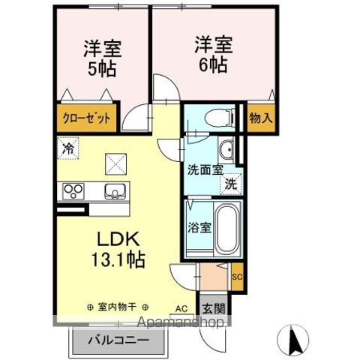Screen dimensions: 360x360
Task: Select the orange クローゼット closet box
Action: pos(86,118)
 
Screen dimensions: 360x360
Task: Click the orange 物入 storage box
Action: pos(260,118)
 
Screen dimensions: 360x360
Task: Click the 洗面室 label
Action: pos(205,169)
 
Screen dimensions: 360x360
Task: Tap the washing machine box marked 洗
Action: pos(232,181)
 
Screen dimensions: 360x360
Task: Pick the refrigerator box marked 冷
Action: pos(68,148)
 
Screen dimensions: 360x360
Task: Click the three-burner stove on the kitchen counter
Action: pos(73,189)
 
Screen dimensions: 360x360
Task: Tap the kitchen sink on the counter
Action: pos(115,190)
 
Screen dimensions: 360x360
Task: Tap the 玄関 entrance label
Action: pos(210,307)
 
